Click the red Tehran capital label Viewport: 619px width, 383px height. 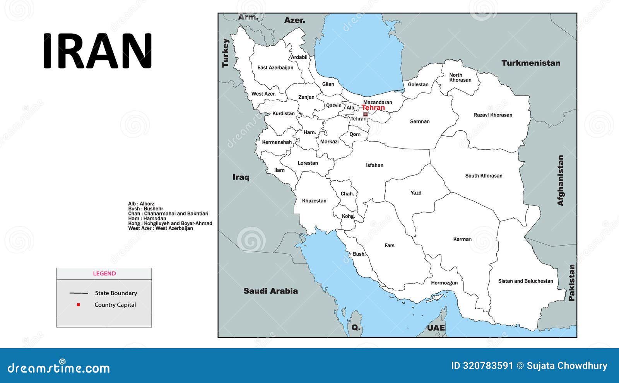(x=373, y=108)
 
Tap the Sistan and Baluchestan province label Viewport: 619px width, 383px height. (x=525, y=281)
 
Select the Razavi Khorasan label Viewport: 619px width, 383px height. (x=492, y=115)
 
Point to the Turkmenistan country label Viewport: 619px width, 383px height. (x=531, y=63)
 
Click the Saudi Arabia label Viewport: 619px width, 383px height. (x=270, y=291)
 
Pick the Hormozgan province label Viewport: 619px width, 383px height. (x=444, y=283)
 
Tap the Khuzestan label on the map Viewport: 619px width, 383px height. (x=314, y=200)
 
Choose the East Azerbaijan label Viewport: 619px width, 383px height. (x=275, y=67)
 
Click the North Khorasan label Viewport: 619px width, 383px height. (x=460, y=77)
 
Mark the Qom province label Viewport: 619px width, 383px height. (x=355, y=134)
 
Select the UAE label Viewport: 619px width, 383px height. (x=436, y=328)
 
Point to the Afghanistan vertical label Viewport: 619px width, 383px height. (x=561, y=180)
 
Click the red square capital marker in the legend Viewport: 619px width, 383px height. (x=79, y=305)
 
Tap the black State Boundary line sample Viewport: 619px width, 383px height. (x=79, y=293)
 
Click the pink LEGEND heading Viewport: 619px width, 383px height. (x=104, y=274)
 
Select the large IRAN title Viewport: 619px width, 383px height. (x=97, y=51)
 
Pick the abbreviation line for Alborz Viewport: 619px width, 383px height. (x=141, y=203)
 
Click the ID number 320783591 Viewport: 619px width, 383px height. (x=482, y=366)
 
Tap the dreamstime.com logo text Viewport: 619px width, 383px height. (x=59, y=368)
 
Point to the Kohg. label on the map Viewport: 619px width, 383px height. (x=348, y=216)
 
